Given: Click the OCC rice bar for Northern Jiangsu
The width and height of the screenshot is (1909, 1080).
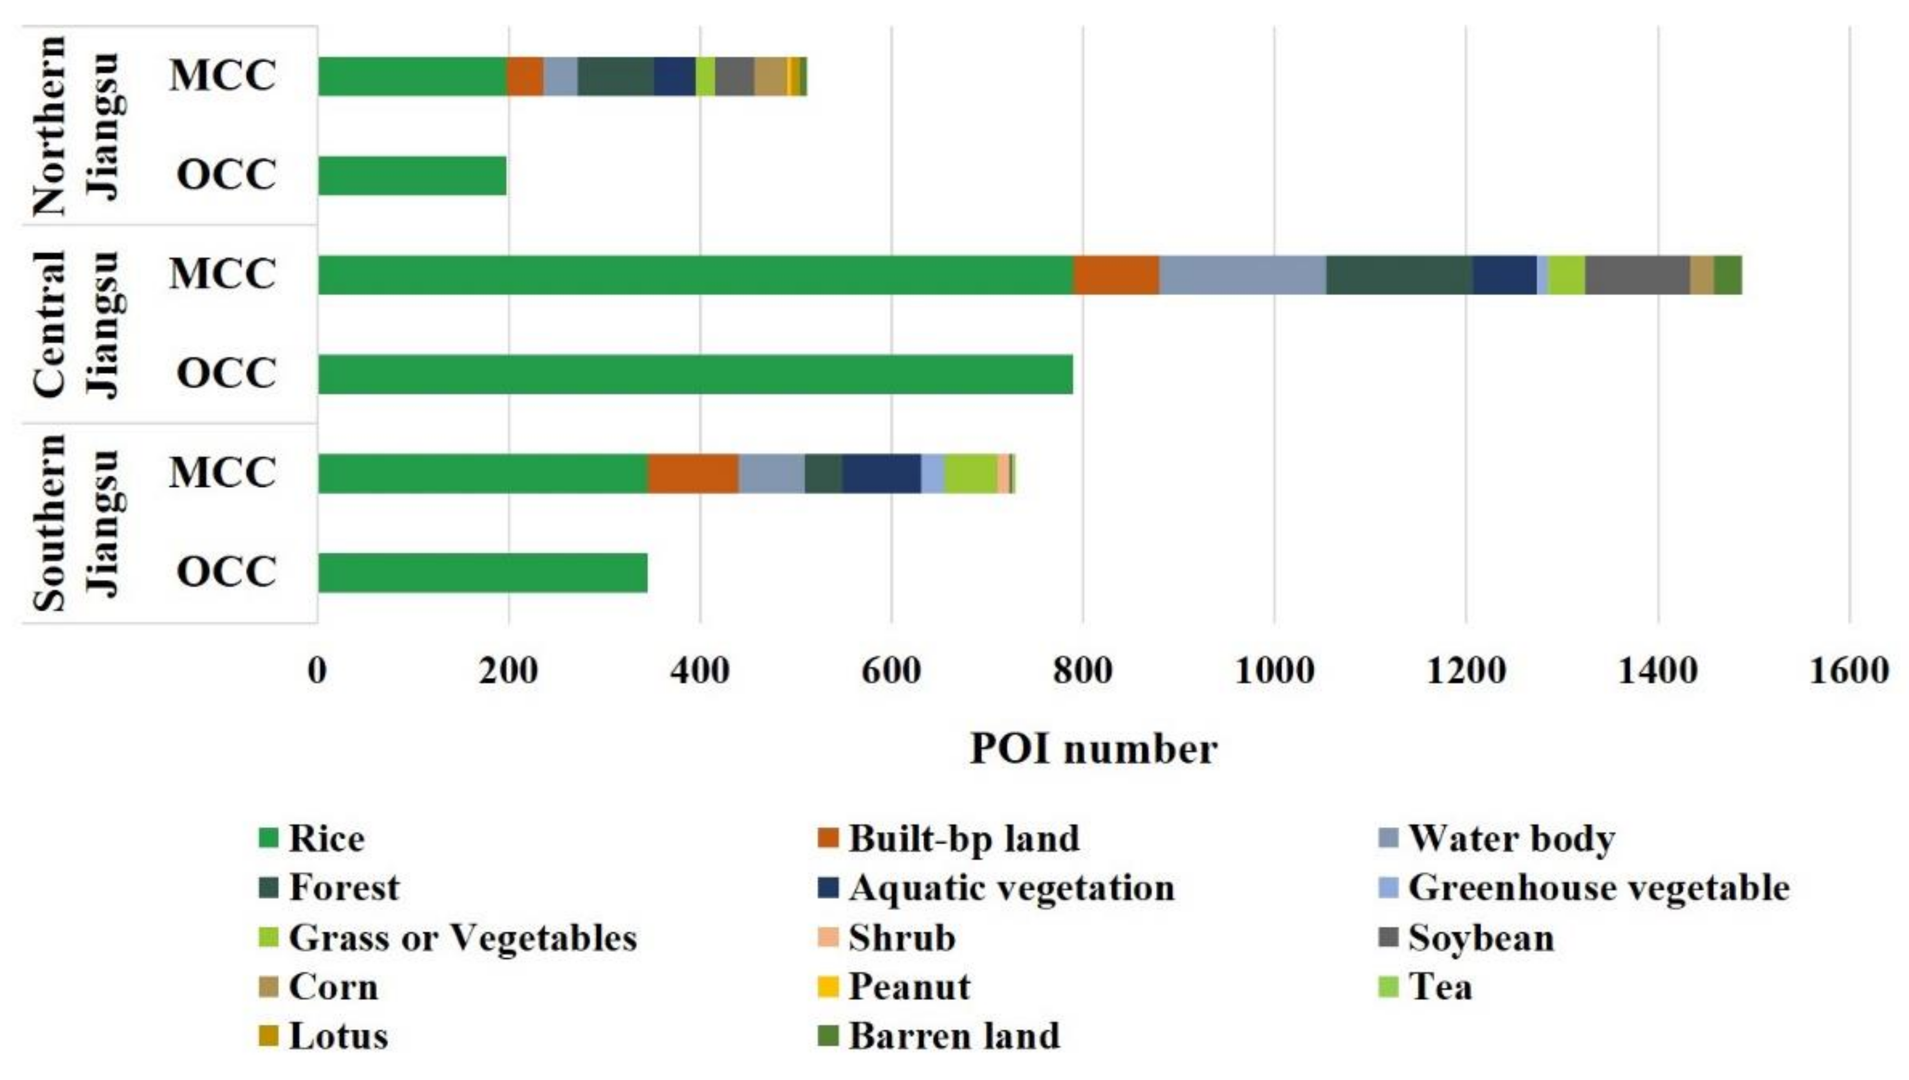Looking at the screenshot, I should [412, 176].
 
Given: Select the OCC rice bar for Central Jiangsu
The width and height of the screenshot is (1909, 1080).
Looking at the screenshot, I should [695, 374].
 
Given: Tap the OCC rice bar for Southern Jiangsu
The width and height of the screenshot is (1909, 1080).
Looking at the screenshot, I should [482, 573].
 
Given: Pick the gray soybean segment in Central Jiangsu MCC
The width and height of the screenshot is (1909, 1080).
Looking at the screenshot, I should [1637, 275].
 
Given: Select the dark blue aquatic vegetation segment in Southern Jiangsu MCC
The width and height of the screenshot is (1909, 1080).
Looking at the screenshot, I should [881, 473].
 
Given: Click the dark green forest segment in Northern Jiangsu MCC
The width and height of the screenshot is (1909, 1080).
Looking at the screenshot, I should [615, 76].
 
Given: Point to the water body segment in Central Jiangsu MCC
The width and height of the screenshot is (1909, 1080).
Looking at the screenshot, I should [1242, 275].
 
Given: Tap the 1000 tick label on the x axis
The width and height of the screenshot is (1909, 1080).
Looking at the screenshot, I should [1274, 671].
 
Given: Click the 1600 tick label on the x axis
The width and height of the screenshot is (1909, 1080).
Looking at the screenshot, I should [1848, 671].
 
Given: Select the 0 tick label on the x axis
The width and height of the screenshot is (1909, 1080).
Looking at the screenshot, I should [318, 671].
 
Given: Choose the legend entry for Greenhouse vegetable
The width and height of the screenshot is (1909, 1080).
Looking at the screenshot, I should [1598, 888].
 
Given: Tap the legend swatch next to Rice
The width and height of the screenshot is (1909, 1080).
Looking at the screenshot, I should [269, 839].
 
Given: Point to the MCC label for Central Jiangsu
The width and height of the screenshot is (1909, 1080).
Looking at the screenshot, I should [222, 274].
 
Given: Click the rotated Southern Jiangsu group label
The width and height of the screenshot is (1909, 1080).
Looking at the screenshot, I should [74, 523].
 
